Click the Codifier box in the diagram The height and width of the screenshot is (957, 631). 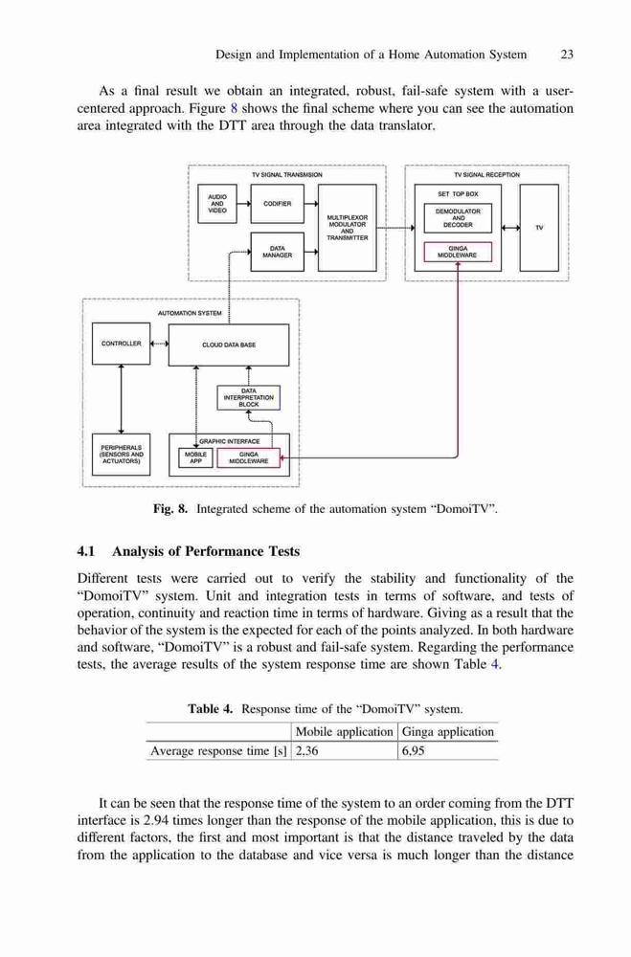278,204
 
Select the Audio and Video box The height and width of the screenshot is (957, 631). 217,204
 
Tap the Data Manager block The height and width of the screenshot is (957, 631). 278,252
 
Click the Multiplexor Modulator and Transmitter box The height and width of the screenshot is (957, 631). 347,228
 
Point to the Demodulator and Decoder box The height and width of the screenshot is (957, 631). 458,218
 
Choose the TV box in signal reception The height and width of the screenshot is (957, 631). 539,228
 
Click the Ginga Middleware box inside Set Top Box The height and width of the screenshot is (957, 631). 458,252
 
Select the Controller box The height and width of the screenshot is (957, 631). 121,344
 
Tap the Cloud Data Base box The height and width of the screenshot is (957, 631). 229,345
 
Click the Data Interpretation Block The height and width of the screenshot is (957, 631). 249,397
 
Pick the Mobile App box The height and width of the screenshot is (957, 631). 195,457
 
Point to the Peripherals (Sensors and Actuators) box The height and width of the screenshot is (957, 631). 121,454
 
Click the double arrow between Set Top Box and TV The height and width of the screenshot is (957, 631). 510,228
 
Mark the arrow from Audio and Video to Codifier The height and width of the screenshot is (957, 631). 244,204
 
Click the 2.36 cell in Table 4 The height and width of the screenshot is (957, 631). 306,750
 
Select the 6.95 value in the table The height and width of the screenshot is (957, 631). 413,750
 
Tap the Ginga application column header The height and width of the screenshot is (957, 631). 448,732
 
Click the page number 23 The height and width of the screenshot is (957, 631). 567,55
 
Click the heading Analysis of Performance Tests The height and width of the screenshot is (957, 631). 206,552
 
